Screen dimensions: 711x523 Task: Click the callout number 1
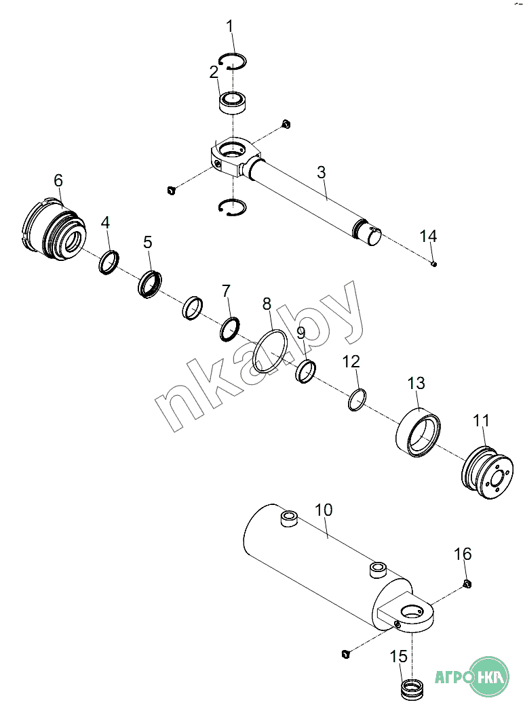229,26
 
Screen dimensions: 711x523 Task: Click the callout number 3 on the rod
322,171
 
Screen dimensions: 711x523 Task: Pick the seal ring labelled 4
110,262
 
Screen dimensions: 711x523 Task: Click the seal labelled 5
151,283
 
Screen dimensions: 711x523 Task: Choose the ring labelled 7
230,328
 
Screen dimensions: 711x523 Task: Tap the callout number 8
267,304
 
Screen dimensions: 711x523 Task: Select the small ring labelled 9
307,371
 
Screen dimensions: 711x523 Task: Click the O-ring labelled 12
357,400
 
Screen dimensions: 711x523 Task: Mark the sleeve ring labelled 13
418,432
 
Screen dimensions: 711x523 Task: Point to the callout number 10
324,510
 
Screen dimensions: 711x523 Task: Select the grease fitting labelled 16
467,584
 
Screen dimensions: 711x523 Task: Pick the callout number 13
416,383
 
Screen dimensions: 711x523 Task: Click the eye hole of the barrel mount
410,611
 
